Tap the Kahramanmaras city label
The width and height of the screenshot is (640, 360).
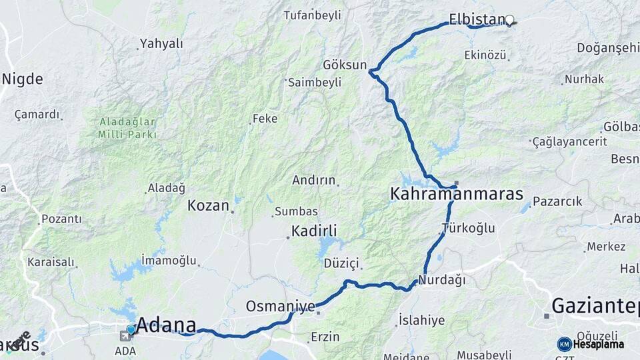coord(456,195)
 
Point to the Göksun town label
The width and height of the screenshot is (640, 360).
coord(345,65)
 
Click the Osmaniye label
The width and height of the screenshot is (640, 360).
coord(280,306)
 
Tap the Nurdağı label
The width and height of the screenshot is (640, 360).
coord(442,280)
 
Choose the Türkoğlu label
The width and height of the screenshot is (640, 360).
coord(469,228)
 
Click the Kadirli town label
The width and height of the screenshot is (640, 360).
coord(313,231)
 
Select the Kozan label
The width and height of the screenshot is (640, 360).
coord(208,205)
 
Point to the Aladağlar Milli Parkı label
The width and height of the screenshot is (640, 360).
coord(127,128)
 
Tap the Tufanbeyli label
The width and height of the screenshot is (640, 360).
coord(312,15)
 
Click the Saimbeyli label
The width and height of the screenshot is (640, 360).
coord(315,82)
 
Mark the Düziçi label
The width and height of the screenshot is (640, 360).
coord(341,263)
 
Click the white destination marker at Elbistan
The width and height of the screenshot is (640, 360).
coord(510,20)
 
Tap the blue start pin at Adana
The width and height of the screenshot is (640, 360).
coord(131,329)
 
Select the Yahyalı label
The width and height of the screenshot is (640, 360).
coord(161,44)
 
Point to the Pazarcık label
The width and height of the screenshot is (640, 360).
coord(557,201)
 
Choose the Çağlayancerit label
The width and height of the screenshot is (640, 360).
coord(570,141)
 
